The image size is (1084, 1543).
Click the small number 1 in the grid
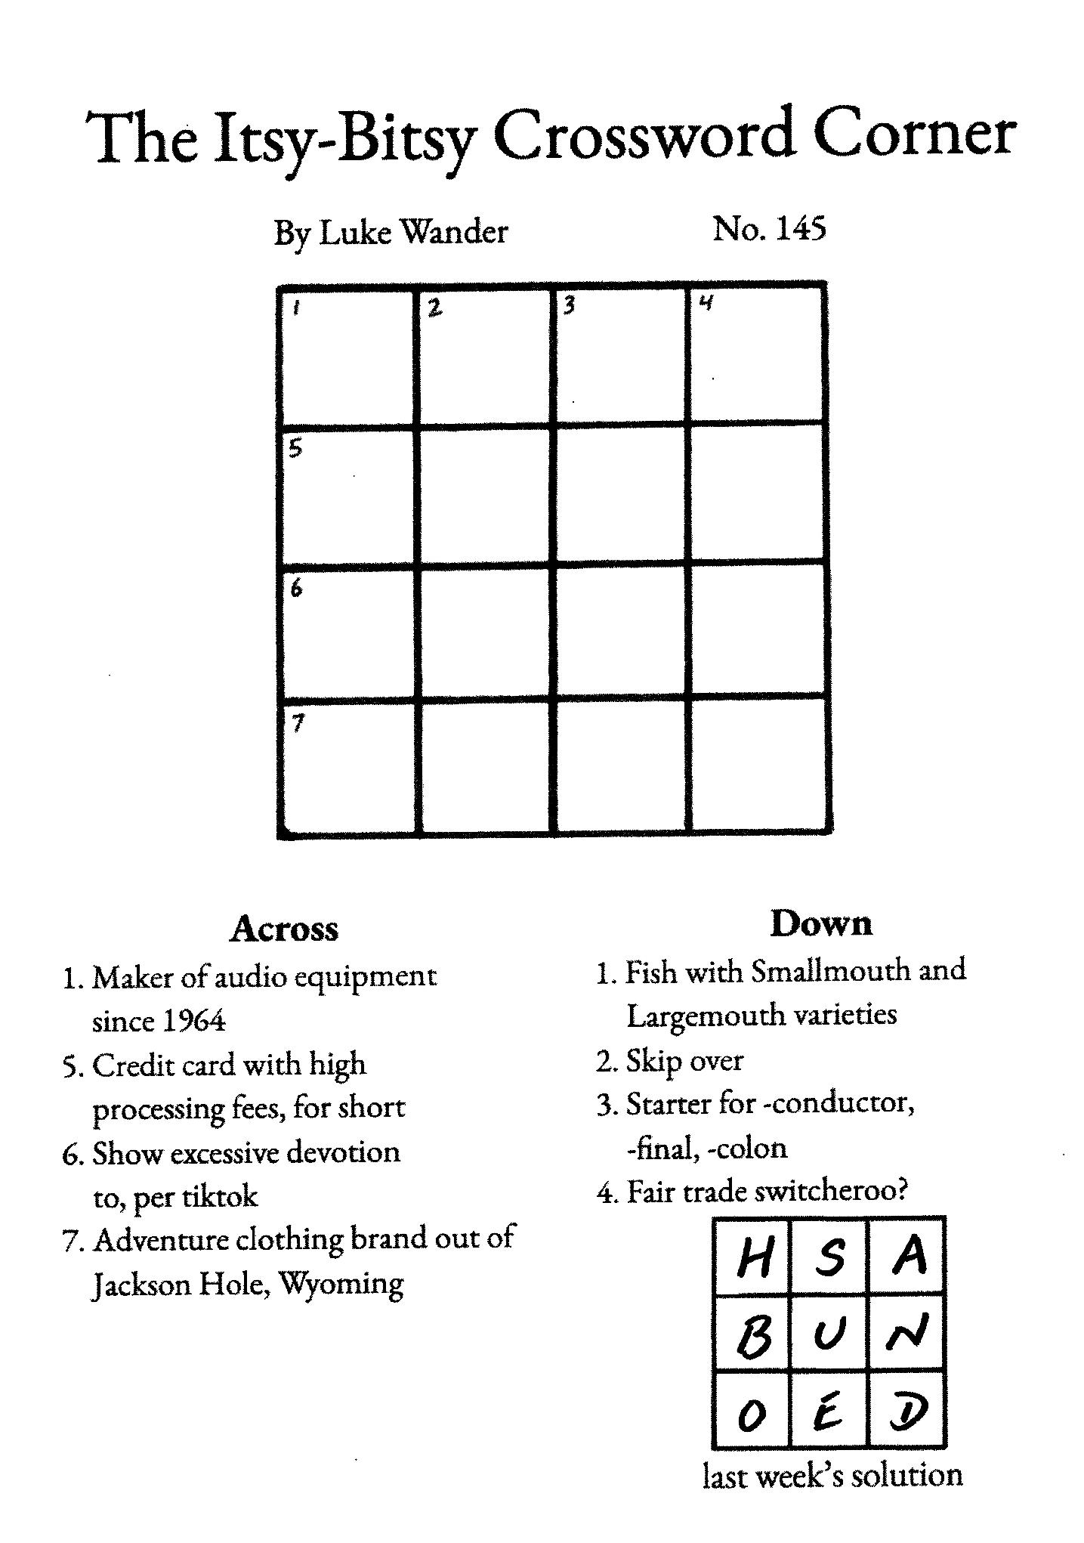pos(297,308)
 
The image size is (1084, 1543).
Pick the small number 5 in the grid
pos(296,449)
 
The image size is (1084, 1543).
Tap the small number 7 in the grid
pos(298,724)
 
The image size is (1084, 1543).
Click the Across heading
pos(284,929)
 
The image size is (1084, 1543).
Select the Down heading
pos(821,923)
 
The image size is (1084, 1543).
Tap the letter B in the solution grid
pos(753,1337)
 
